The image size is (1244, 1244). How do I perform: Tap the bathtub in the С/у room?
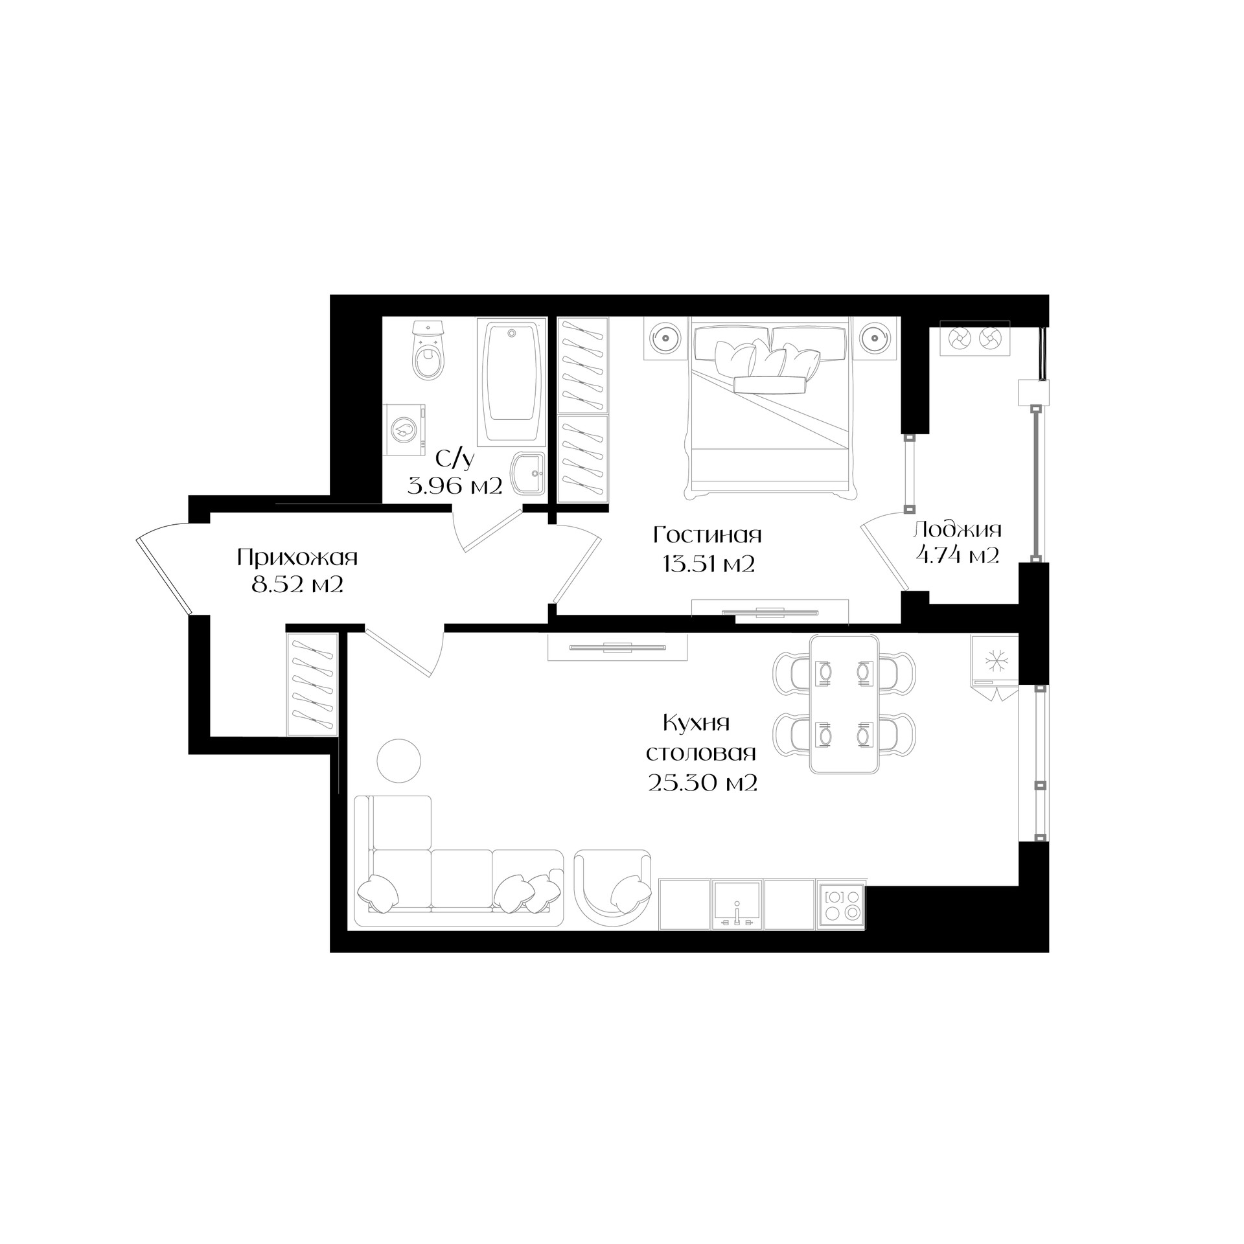[x=512, y=382]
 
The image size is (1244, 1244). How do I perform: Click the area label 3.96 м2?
[x=455, y=485]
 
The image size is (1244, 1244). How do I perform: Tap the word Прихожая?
[x=297, y=557]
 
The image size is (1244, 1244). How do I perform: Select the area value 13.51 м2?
[x=709, y=564]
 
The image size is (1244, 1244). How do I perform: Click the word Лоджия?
[x=957, y=530]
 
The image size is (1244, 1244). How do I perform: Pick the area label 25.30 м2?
[x=702, y=783]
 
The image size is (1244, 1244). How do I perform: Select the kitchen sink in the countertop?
[x=737, y=904]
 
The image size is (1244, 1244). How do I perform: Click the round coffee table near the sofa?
[x=398, y=761]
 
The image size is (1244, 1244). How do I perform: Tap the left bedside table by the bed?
[x=665, y=338]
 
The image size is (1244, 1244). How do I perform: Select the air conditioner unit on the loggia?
[x=975, y=338]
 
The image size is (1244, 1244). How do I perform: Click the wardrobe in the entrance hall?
[x=312, y=684]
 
